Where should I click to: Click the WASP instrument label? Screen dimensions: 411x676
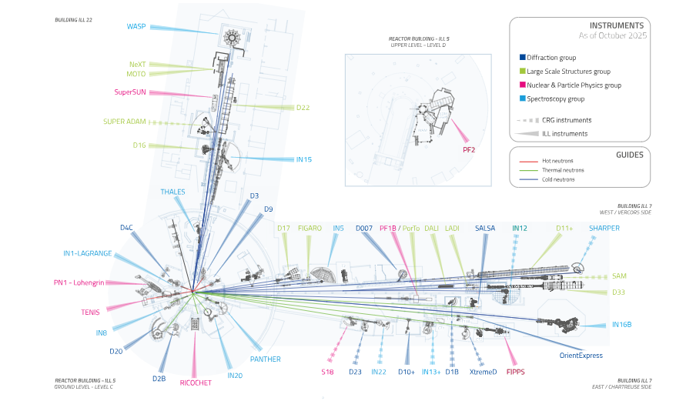[136, 27]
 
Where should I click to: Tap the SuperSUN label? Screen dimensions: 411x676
[129, 92]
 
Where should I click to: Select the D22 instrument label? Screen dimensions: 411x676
[303, 107]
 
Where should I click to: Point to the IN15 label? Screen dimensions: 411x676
[304, 159]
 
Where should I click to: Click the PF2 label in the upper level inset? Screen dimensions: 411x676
[470, 149]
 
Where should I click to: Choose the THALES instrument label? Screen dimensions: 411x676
[172, 192]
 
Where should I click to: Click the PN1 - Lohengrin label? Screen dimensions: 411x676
[79, 282]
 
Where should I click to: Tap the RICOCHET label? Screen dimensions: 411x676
[196, 383]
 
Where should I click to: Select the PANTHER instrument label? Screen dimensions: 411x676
[265, 359]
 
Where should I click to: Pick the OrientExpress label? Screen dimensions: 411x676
[581, 356]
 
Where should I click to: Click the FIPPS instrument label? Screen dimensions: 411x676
[515, 372]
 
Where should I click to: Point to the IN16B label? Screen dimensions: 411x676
[621, 325]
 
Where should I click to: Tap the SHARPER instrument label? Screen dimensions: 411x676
[604, 228]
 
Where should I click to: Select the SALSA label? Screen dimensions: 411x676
[485, 228]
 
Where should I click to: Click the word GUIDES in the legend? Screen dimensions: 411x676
[629, 154]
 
